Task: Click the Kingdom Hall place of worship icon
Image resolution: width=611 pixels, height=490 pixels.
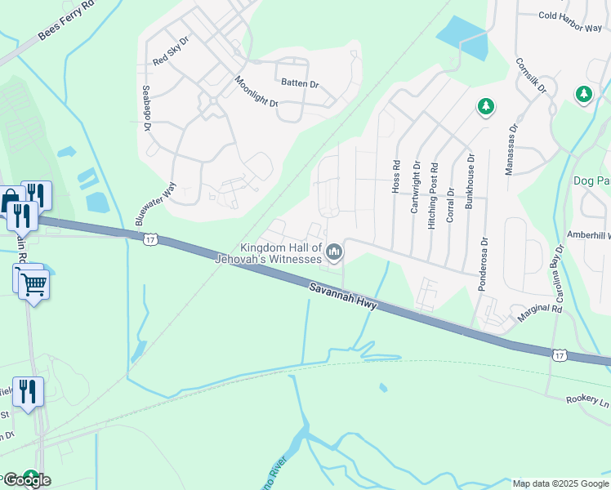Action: pyautogui.click(x=333, y=254)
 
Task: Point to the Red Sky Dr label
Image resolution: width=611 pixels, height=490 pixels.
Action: pyautogui.click(x=171, y=51)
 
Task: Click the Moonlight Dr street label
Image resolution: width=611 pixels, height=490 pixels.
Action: pyautogui.click(x=256, y=91)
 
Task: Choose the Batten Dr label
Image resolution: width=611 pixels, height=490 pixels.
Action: pyautogui.click(x=300, y=83)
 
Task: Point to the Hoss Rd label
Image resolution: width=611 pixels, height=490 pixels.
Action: pyautogui.click(x=396, y=176)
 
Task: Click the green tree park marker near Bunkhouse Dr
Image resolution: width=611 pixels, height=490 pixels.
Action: pyautogui.click(x=486, y=106)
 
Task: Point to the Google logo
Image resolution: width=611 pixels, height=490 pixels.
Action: pyautogui.click(x=26, y=480)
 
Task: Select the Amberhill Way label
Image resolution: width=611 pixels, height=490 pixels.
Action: pyautogui.click(x=588, y=234)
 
